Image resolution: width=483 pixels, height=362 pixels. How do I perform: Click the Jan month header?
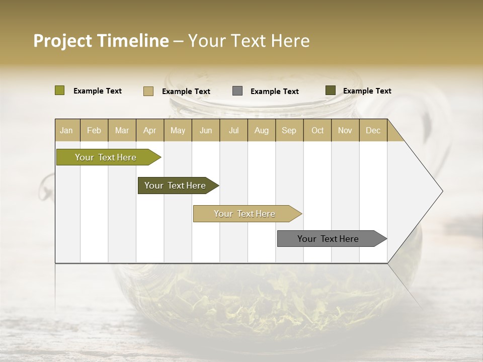point(66,130)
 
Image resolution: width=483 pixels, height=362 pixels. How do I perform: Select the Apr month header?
point(149,130)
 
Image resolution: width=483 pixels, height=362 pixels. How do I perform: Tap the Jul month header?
point(233,130)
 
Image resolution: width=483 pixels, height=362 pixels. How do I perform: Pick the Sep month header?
point(289,130)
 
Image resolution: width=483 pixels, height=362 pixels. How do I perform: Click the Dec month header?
point(373,130)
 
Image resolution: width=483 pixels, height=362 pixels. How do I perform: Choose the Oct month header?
point(317,130)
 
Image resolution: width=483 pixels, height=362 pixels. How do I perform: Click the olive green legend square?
point(59,90)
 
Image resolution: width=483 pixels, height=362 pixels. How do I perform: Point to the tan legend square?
point(148,91)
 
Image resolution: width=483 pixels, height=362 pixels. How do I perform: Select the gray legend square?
point(237,91)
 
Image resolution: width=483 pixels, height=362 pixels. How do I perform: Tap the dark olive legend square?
point(330,90)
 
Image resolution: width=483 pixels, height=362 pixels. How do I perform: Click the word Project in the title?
point(62,41)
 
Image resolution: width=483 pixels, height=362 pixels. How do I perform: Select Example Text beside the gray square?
point(274,92)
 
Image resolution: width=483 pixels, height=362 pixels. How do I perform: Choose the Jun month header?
point(206,130)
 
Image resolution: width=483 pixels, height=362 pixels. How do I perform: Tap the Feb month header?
point(94,130)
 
